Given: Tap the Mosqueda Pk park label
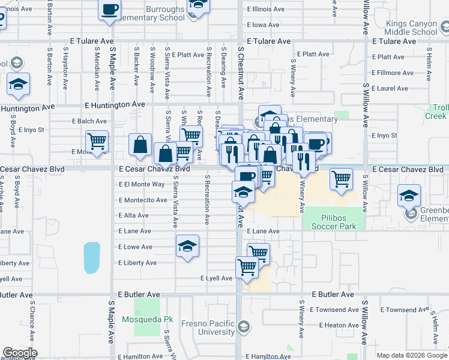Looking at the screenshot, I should [147, 320].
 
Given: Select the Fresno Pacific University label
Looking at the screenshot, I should [208, 328].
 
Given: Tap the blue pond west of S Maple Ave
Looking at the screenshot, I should [92, 258].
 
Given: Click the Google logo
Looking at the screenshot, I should [20, 352].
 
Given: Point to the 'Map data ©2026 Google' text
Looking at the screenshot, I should [412, 355].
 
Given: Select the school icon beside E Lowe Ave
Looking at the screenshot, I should [187, 246].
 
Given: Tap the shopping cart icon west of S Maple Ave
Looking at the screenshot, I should [97, 141].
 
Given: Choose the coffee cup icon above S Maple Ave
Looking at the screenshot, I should [109, 9].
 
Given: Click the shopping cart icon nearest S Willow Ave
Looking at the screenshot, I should [341, 178].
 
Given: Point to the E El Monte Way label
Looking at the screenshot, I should [142, 184].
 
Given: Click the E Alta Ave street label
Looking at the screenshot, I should [133, 215].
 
